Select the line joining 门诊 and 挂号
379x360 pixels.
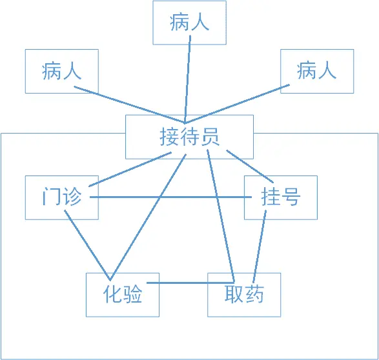[170, 197]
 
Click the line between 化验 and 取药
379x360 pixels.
[190, 283]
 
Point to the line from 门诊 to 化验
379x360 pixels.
[87, 245]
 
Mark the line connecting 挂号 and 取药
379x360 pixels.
[260, 246]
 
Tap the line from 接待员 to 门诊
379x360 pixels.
[130, 169]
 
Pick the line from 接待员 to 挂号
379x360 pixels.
[250, 166]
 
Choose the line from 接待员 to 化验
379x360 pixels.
[148, 217]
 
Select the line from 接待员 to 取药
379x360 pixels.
[221, 216]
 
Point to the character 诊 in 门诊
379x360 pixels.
[72, 197]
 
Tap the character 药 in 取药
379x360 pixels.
[254, 294]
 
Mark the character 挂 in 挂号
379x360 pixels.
[271, 196]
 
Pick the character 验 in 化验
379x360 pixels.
[132, 294]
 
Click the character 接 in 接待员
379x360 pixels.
[169, 137]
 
